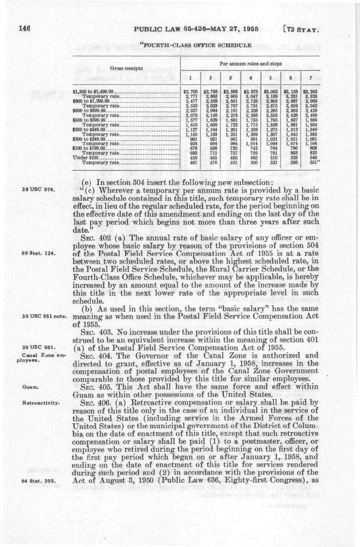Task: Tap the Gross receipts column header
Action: (126, 69)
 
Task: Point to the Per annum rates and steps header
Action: (253, 64)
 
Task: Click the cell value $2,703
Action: (190, 91)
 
